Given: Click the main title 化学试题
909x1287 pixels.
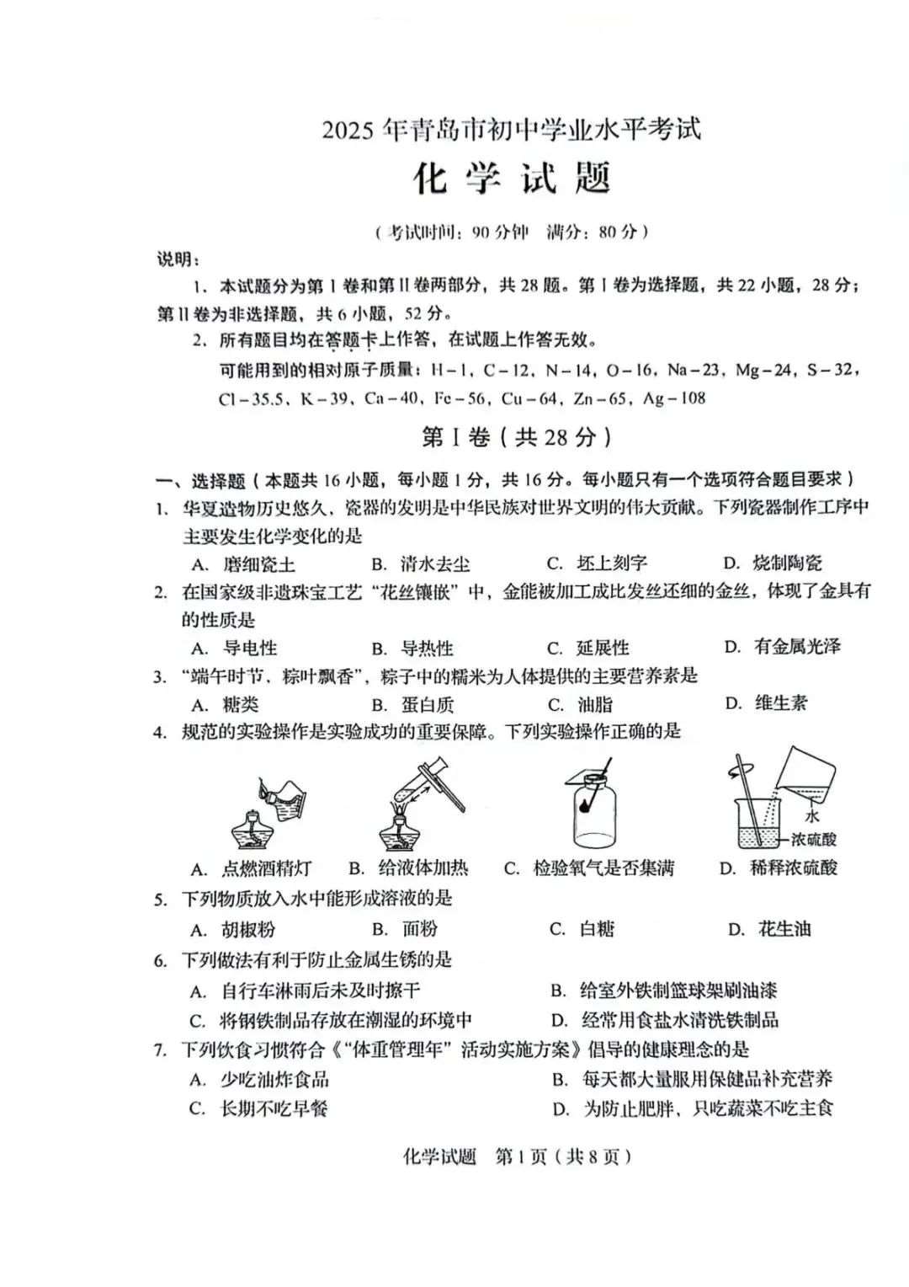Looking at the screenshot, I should tap(511, 179).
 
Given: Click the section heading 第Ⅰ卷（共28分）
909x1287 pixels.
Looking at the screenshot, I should tap(515, 436).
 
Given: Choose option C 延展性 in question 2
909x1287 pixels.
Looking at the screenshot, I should tap(601, 648).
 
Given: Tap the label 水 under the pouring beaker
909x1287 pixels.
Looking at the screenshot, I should tap(811, 816).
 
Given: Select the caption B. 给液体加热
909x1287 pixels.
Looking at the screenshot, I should tap(408, 868).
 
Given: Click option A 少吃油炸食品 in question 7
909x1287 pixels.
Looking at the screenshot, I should tap(274, 1079).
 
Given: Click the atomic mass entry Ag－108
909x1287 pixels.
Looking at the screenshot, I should tap(674, 398).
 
